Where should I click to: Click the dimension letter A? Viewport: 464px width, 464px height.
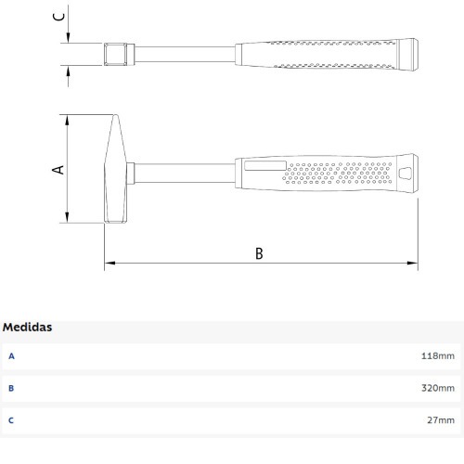(x=57, y=170)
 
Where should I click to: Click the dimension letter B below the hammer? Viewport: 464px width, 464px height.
(x=259, y=253)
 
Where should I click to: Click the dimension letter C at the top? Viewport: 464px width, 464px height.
(x=57, y=16)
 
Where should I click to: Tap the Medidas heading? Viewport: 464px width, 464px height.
(x=27, y=328)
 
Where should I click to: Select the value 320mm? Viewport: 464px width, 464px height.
(x=438, y=388)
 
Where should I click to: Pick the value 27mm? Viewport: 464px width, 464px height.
(x=441, y=420)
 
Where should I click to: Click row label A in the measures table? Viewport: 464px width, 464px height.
(x=11, y=355)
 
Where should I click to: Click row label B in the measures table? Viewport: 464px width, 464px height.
(x=11, y=388)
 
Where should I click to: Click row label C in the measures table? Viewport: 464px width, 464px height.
(x=11, y=420)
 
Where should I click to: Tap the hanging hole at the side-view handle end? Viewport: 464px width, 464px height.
(x=406, y=173)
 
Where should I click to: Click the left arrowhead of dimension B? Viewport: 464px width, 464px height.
(x=108, y=264)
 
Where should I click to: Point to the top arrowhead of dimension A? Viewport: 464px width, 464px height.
(x=67, y=119)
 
